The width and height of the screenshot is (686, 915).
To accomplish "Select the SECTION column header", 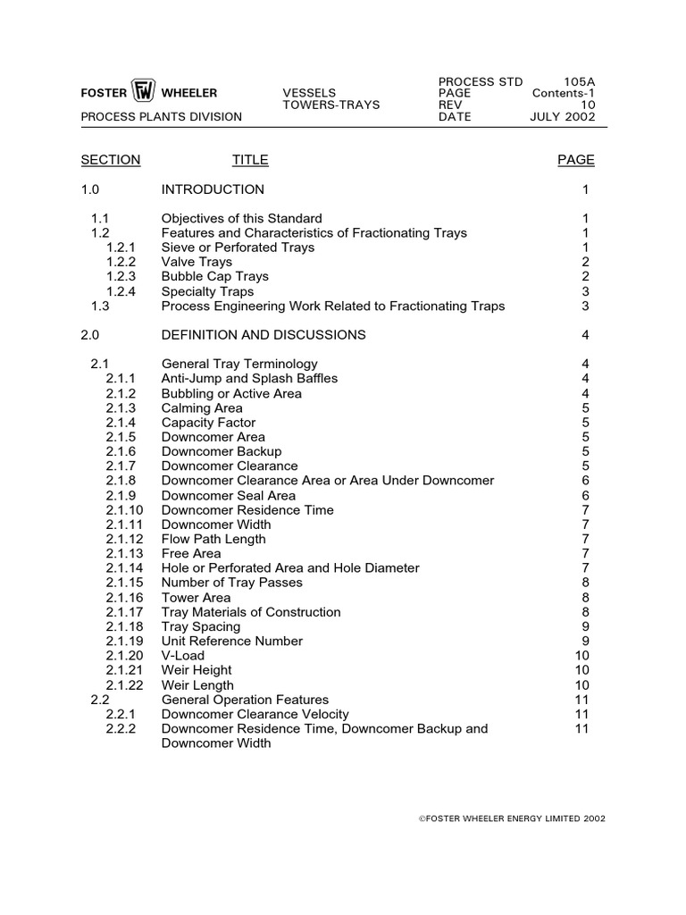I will coord(111,160).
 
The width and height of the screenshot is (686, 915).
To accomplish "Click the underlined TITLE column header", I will coord(250,160).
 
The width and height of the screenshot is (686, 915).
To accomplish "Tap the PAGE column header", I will coord(576,160).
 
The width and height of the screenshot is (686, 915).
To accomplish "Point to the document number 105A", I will coord(578,81).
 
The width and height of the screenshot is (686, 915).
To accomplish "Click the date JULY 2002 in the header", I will coord(563,117).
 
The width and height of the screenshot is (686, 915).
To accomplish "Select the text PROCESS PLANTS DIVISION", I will coord(162,117).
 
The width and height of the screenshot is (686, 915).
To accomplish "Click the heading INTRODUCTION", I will coord(213,189).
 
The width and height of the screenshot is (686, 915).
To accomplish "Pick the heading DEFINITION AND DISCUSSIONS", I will coord(264,335).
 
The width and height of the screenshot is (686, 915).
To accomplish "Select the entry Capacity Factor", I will coord(208,423).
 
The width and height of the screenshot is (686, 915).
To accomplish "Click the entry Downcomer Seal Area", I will coord(229,495).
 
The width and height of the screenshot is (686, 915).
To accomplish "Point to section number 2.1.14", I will coord(124,568).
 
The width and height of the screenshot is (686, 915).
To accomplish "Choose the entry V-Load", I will coord(183,656).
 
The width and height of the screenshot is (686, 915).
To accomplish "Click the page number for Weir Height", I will coord(581,670).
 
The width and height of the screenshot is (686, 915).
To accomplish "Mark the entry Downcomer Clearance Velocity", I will coord(255,714).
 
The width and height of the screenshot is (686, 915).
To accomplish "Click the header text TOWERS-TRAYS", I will coord(331,105).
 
